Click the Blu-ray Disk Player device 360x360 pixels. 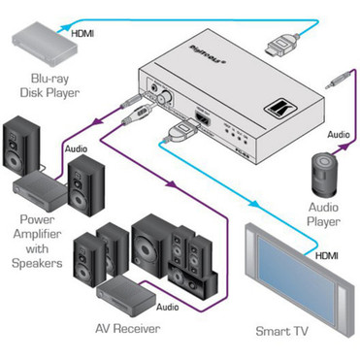(x=39, y=41)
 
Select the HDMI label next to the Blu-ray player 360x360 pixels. (x=83, y=36)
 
